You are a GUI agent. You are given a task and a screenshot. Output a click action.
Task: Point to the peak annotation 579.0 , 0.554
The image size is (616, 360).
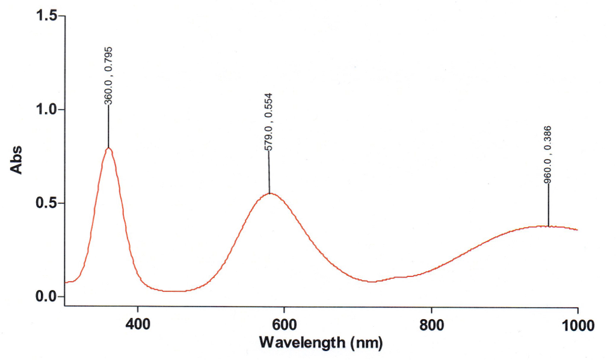(269, 122)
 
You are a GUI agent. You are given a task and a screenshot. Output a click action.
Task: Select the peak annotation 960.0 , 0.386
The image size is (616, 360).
(548, 155)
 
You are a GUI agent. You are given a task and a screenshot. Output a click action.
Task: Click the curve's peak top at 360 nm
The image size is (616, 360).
(109, 147)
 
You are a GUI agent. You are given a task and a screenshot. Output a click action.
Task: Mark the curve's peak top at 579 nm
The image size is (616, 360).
(269, 193)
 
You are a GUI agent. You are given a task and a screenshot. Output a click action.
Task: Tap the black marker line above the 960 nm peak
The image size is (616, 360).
(548, 205)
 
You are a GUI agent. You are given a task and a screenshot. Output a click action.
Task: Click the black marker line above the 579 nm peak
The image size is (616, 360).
(269, 172)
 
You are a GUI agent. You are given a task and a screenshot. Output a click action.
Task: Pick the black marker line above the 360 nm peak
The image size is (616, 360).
(109, 126)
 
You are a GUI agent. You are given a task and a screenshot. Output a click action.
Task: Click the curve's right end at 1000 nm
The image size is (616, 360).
(577, 230)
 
